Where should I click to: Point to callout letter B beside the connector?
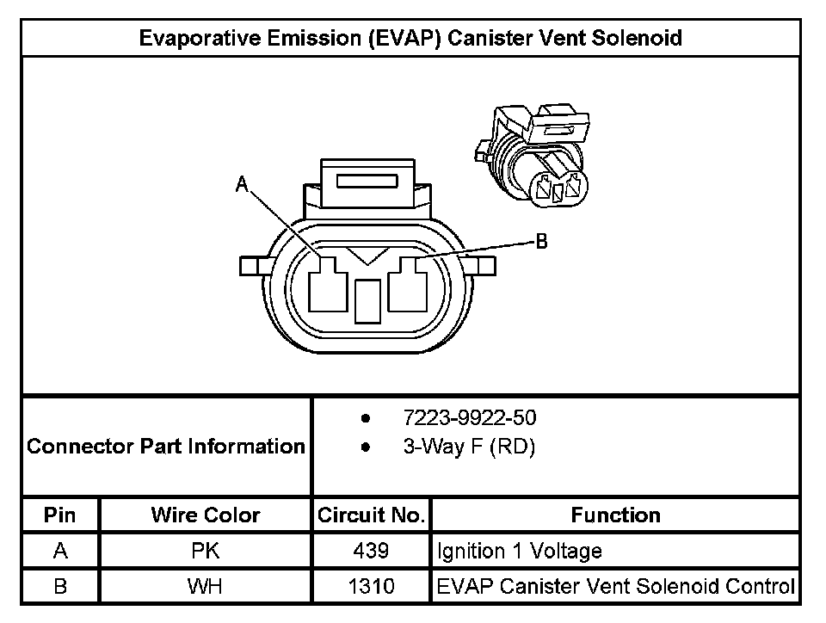tap(542, 242)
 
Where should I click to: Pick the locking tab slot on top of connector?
tap(367, 182)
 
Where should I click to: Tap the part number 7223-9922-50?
tap(469, 418)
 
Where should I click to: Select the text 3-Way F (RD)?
tap(469, 448)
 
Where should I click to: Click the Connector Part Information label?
tap(166, 447)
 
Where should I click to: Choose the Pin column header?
tap(60, 515)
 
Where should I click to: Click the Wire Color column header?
tap(206, 515)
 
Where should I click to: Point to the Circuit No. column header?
tap(371, 515)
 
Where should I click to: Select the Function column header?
tap(615, 515)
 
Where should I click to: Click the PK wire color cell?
tap(206, 551)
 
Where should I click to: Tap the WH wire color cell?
tap(206, 587)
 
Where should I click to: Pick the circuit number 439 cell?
tap(371, 551)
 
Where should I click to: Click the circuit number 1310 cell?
tap(371, 587)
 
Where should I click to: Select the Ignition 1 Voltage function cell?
tap(520, 551)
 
